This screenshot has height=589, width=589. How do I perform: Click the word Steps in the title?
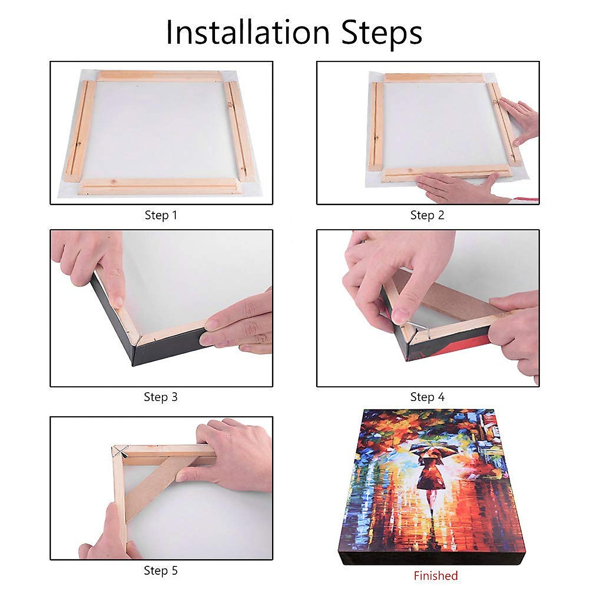pos(382,33)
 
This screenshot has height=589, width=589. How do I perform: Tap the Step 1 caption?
pos(161,215)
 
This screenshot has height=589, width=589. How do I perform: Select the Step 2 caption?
pos(427,215)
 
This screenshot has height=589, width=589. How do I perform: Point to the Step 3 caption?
pos(161,397)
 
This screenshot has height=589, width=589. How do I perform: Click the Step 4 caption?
pos(427,397)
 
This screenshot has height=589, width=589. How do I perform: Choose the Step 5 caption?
pos(161,570)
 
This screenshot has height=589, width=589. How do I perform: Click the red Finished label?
pos(435,576)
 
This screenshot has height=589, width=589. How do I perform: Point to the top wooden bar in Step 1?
pos(160,76)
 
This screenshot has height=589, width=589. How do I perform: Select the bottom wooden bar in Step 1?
pos(160,186)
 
